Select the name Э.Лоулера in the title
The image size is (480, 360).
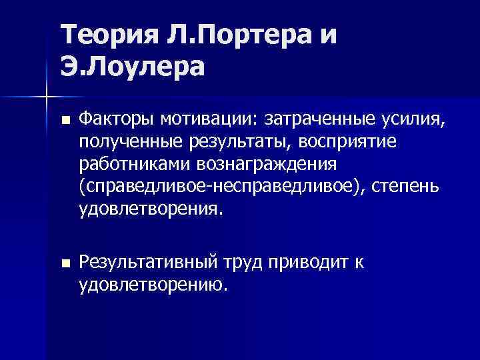[x=133, y=66]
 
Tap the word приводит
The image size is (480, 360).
[x=305, y=263]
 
